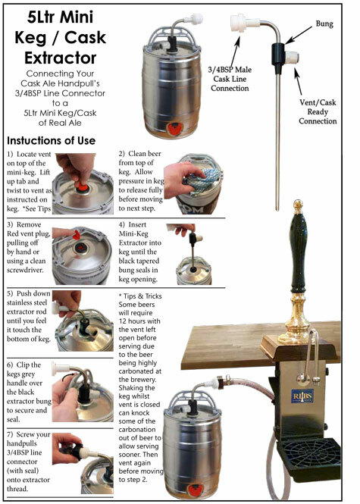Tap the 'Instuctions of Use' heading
(50, 141)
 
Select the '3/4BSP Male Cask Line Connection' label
(232, 78)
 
